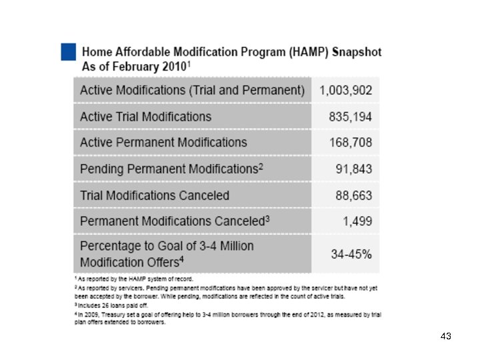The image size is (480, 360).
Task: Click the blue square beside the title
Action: pos(68,52)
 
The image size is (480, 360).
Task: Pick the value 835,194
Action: pos(350,117)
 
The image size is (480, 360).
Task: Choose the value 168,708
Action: pos(350,143)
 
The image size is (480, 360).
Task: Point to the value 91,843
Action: pos(353,169)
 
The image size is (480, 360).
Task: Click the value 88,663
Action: pos(353,195)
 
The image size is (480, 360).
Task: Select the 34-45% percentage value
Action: pos(351,254)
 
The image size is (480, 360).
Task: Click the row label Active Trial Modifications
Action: pos(145,117)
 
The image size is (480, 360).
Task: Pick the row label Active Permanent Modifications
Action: pos(163,143)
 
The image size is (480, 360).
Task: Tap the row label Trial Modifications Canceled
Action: pos(155,195)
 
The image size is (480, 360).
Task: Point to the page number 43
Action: pos(446,337)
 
